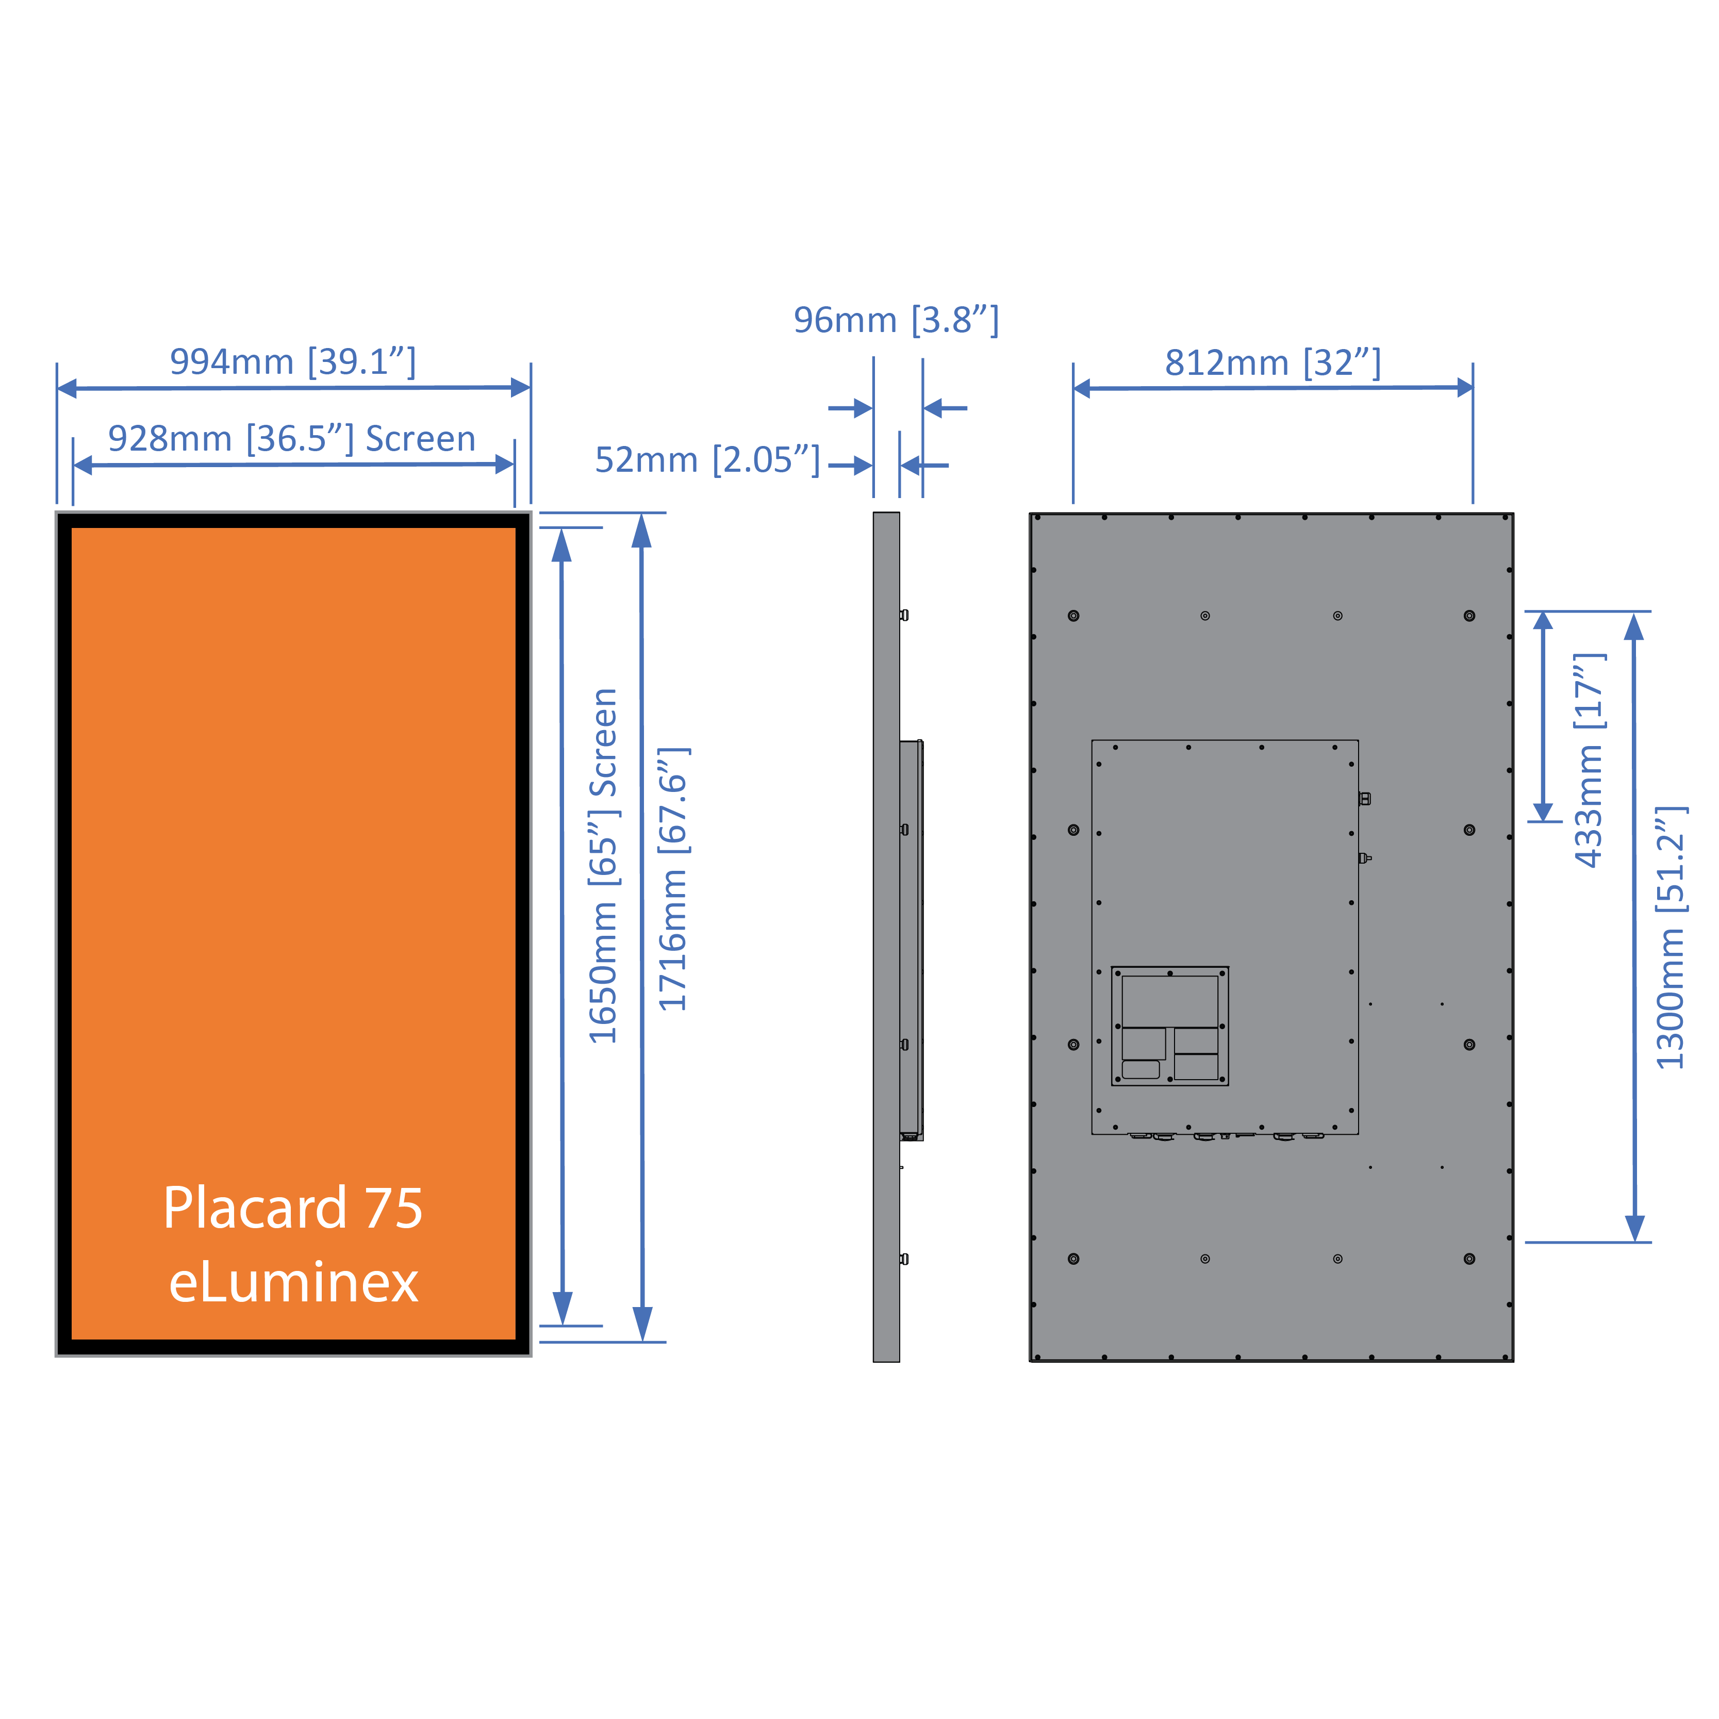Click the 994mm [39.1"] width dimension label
[293, 362]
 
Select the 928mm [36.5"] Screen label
[292, 439]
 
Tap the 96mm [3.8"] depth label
[896, 320]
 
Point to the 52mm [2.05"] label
[707, 460]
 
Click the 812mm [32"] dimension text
[1272, 363]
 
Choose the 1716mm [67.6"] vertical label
[673, 879]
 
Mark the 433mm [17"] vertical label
[1589, 761]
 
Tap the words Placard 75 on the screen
[293, 1208]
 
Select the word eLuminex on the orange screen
[293, 1282]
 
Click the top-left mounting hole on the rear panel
[1074, 616]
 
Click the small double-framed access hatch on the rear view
[1170, 1026]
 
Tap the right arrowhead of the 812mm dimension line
[1464, 387]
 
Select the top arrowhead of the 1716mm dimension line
[641, 531]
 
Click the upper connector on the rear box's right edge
[1365, 799]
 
